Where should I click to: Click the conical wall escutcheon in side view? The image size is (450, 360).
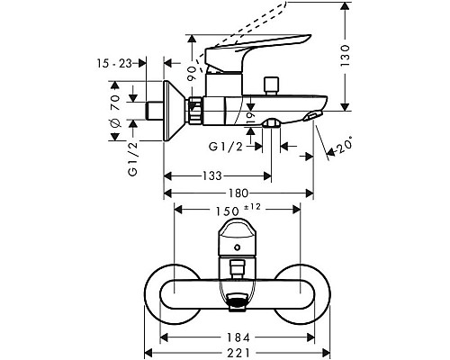pos(175,107)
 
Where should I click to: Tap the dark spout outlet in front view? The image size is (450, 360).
pos(237,304)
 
